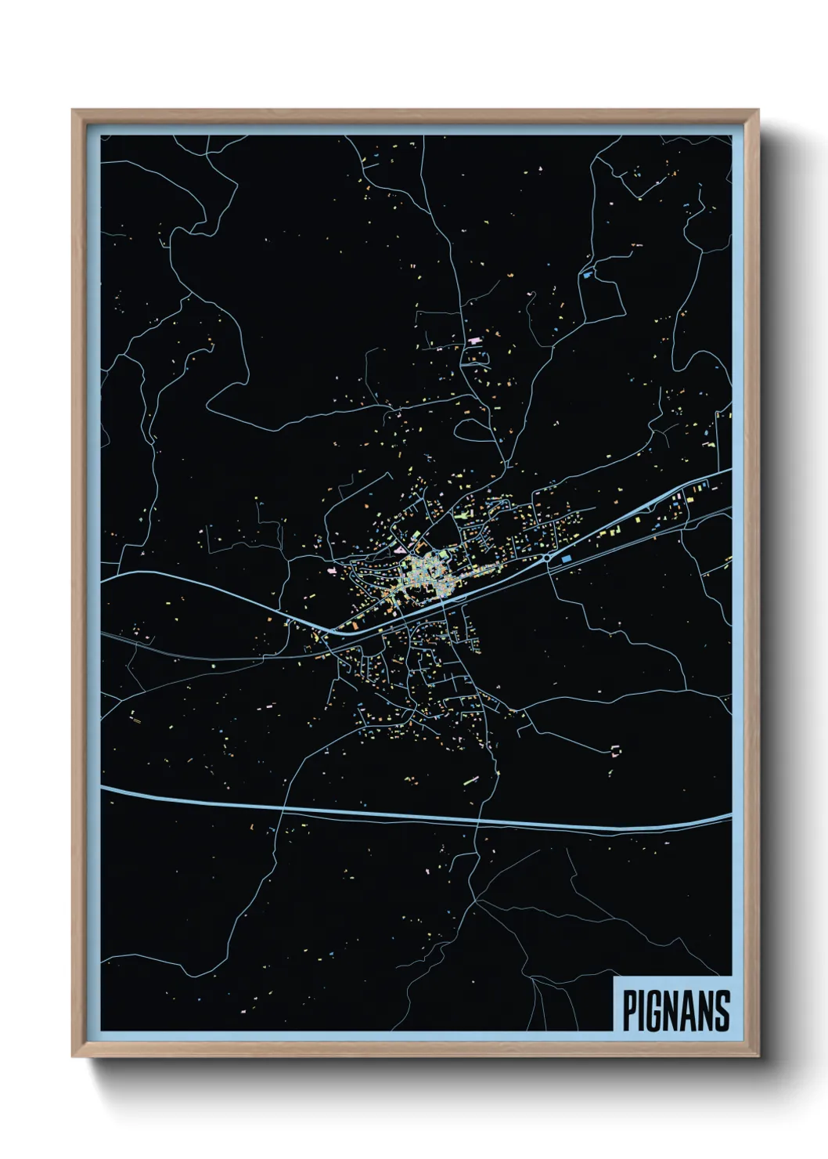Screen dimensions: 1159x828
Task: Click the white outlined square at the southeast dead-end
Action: pyautogui.click(x=615, y=750)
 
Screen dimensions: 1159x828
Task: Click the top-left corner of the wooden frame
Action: pyautogui.click(x=73, y=110)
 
